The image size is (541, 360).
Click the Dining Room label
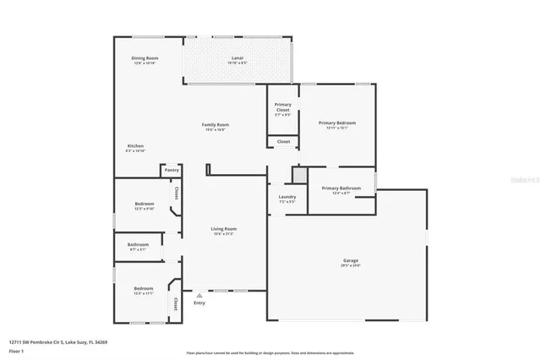(x=145, y=58)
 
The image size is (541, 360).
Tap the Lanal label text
(x=238, y=58)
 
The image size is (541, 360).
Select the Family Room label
(x=216, y=124)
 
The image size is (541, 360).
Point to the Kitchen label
(x=135, y=146)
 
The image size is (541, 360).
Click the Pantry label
(x=172, y=170)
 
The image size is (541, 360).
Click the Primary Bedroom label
(x=336, y=123)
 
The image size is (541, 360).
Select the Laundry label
(x=287, y=197)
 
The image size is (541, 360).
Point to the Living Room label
(x=223, y=229)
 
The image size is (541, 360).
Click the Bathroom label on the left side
(x=139, y=245)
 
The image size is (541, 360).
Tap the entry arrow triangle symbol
(x=199, y=295)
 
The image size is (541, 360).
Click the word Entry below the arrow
(x=199, y=303)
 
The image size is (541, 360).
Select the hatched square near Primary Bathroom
(x=299, y=173)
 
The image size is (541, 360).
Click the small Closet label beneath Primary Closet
(x=283, y=141)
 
